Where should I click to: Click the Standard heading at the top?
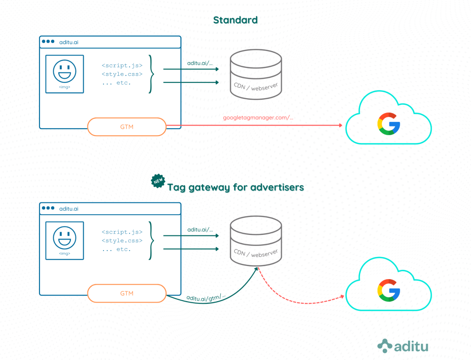click(235, 20)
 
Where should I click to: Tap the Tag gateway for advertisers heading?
click(235, 187)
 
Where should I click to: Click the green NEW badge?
click(158, 181)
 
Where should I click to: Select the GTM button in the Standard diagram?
click(126, 126)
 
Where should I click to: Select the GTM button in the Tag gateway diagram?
click(126, 293)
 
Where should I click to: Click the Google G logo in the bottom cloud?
click(389, 290)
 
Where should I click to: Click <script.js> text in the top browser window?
click(122, 65)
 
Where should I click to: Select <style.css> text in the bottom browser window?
click(122, 240)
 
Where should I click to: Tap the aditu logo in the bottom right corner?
click(403, 346)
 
